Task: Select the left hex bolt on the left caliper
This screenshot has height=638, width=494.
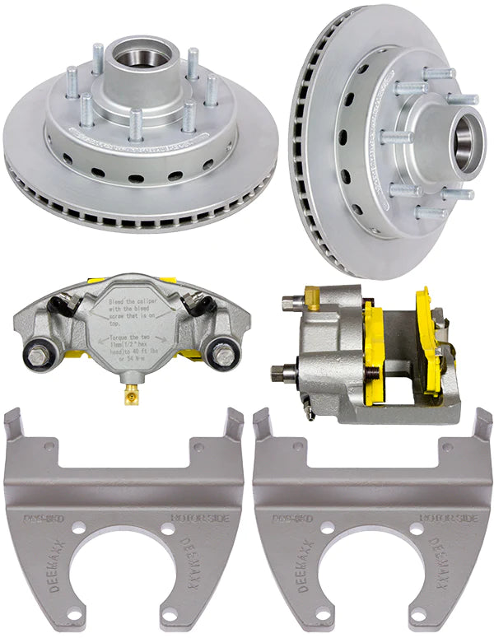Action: (39, 357)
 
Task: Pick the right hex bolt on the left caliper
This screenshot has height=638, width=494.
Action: (223, 356)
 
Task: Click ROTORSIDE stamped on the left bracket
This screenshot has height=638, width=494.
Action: (195, 519)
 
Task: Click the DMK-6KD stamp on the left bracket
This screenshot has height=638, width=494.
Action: (40, 519)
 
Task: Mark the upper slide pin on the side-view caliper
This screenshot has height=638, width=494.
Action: (287, 304)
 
